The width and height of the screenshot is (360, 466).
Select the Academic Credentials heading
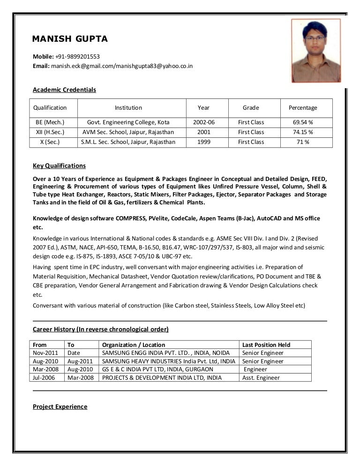coord(64,90)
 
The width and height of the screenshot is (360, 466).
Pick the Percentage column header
coord(303,108)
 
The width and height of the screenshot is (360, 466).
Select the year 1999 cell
coord(204,142)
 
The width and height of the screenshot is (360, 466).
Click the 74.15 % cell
coord(303,132)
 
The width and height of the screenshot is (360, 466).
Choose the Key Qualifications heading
coord(59,166)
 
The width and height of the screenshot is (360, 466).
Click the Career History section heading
coord(101,329)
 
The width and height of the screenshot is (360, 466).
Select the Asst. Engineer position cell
coord(261,377)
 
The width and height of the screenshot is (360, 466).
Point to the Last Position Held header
coord(266,345)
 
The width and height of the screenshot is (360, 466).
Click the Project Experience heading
coord(60,406)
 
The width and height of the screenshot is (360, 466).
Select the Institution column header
coord(128,108)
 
